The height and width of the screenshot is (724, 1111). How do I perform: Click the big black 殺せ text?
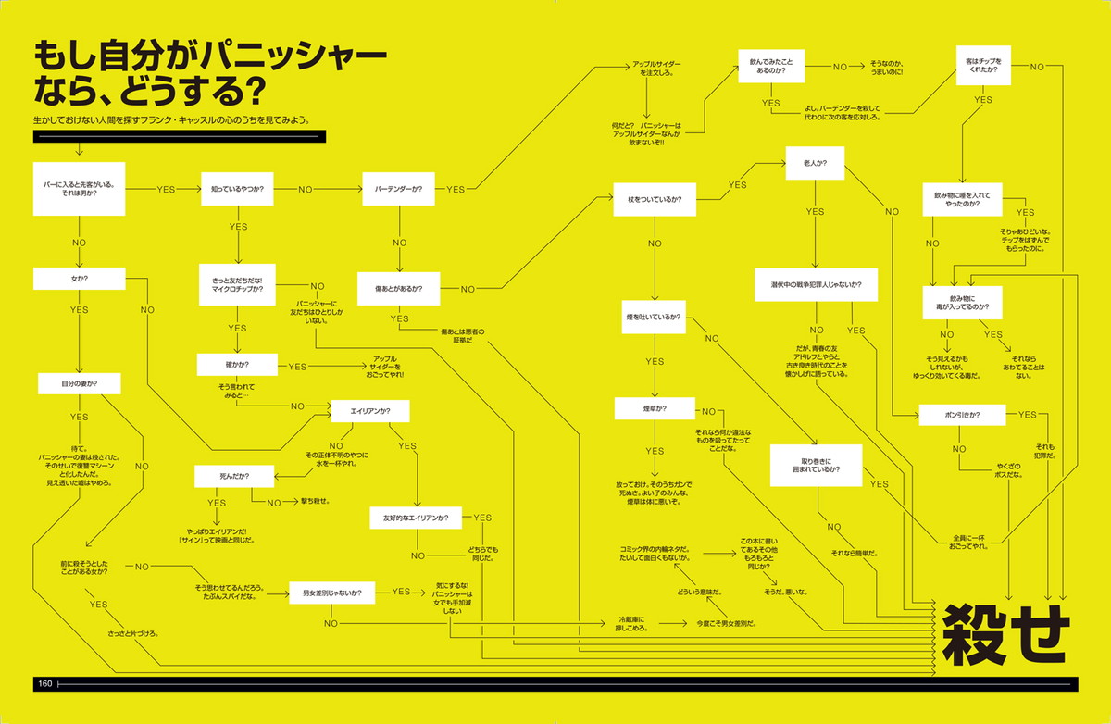pos(1005,635)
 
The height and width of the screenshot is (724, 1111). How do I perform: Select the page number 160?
pos(44,684)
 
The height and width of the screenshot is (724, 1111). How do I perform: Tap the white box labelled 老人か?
pos(816,163)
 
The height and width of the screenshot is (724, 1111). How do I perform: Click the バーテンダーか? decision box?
pos(398,189)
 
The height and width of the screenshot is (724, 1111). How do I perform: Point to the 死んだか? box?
pos(234,476)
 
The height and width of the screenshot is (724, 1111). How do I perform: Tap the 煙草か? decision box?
pos(655,408)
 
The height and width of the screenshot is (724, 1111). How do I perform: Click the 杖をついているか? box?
pos(655,199)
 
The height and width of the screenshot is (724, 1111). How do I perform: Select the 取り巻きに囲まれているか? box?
pos(816,465)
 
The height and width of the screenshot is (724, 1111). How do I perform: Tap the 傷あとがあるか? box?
pos(398,288)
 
